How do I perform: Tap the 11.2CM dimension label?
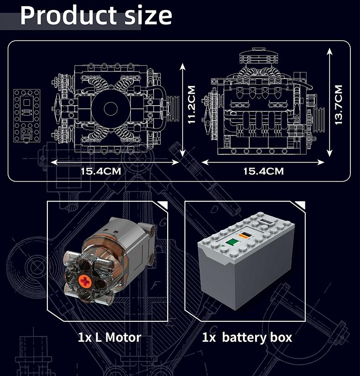coord(192,105)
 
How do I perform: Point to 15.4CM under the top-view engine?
coord(101,171)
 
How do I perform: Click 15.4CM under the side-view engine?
coord(263,171)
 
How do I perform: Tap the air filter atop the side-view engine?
coord(257,58)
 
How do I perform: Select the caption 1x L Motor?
coord(109,337)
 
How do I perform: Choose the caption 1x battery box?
coord(247,337)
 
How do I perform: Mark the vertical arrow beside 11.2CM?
coord(183,109)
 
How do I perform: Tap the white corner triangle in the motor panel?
coord(163,204)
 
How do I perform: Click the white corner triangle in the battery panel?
coord(300,204)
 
